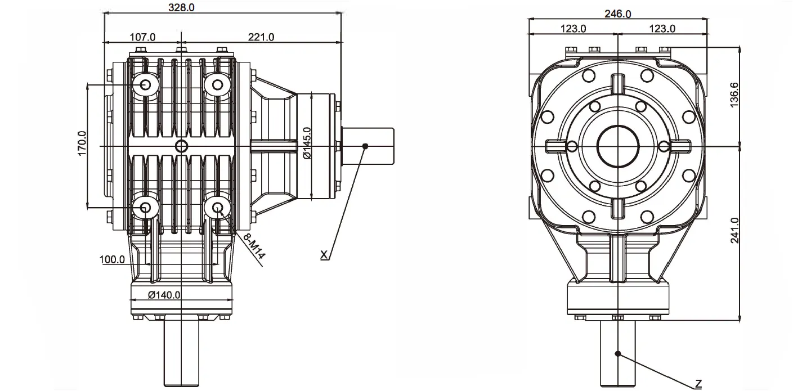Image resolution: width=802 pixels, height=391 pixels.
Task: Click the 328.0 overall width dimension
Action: [182, 7]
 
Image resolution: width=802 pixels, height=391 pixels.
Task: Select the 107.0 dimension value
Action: [142, 37]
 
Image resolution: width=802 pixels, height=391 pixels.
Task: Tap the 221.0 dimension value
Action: [261, 37]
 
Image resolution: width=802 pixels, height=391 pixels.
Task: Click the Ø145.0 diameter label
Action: [307, 143]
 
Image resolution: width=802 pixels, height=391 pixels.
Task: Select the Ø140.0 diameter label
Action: [164, 295]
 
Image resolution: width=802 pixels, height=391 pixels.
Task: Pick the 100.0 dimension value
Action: [113, 260]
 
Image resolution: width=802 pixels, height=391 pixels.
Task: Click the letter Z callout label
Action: [698, 384]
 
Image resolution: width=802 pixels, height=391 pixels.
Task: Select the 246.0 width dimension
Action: [617, 14]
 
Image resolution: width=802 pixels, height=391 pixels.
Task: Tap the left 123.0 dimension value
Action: [574, 29]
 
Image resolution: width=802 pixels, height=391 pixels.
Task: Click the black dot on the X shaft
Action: [365, 146]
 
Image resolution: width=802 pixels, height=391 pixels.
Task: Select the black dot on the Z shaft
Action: [618, 354]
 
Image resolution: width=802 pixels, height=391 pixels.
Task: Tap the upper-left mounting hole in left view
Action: [146, 85]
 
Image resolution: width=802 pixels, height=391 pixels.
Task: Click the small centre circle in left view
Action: [181, 147]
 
